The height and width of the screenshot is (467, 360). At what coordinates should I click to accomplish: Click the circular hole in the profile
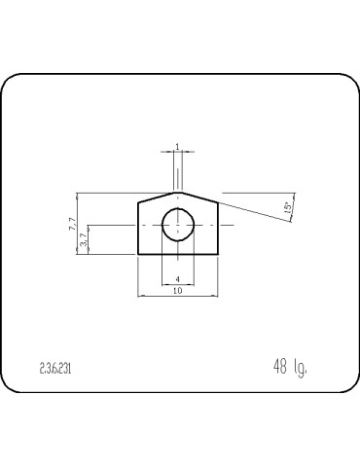[x=177, y=225]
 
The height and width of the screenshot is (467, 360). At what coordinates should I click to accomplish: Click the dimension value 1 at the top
[x=177, y=147]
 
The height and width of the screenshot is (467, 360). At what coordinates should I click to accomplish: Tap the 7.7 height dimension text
[x=72, y=223]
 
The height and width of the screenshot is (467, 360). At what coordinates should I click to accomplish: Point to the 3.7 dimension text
[x=84, y=238]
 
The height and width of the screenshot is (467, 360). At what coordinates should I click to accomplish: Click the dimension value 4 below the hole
[x=177, y=279]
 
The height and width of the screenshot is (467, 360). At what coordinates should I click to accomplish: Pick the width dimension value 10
[x=177, y=291]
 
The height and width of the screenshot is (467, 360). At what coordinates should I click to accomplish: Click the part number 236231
[x=56, y=369]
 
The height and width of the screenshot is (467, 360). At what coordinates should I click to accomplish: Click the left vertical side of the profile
[x=138, y=229]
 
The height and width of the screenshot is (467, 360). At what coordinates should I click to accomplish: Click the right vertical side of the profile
[x=217, y=229]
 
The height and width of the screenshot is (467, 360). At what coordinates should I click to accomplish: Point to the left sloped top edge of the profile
[x=157, y=197]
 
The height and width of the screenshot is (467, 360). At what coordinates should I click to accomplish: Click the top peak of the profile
[x=177, y=192]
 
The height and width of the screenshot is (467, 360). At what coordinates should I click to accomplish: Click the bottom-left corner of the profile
[x=138, y=254]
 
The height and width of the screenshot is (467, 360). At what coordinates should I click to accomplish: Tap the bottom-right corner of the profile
[x=217, y=254]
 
